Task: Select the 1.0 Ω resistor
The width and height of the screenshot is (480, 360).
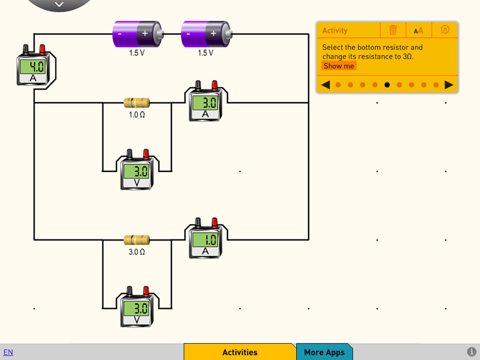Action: pyautogui.click(x=137, y=102)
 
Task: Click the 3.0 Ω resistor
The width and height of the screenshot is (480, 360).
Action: pyautogui.click(x=137, y=240)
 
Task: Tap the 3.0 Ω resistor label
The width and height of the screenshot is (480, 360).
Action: pyautogui.click(x=137, y=252)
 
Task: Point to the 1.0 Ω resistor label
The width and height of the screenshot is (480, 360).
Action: pyautogui.click(x=137, y=115)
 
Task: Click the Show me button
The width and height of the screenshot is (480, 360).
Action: pyautogui.click(x=339, y=66)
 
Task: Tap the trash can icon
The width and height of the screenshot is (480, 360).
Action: pyautogui.click(x=393, y=30)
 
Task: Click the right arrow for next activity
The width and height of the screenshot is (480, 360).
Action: pyautogui.click(x=449, y=85)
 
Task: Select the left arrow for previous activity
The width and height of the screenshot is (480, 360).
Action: pyautogui.click(x=325, y=85)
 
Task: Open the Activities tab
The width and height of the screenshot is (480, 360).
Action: pyautogui.click(x=240, y=352)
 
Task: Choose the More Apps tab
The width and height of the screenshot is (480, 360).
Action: pyautogui.click(x=324, y=352)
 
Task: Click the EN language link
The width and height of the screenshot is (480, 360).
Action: pyautogui.click(x=8, y=352)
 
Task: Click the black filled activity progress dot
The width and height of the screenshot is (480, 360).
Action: pyautogui.click(x=387, y=85)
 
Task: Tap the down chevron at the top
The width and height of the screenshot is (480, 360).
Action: pyautogui.click(x=59, y=5)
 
